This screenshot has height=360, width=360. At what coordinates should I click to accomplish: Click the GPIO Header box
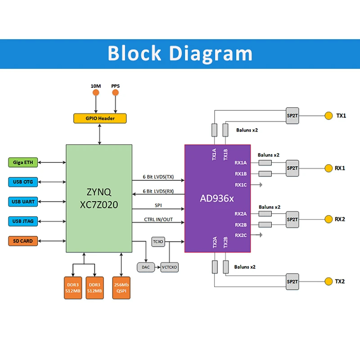click(x=100, y=118)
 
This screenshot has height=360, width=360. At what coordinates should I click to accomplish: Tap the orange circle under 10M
click(x=96, y=93)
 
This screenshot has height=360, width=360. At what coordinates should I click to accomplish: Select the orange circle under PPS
click(x=115, y=93)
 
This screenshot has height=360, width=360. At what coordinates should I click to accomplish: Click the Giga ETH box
click(x=23, y=162)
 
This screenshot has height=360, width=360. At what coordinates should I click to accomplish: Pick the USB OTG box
click(x=23, y=182)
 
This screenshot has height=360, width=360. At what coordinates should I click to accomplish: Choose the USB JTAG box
click(x=23, y=221)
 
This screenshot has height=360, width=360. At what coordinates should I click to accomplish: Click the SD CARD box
click(x=23, y=241)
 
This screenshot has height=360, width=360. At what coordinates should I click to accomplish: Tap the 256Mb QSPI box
click(x=121, y=288)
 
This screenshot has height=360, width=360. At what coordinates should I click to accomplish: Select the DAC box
click(x=146, y=267)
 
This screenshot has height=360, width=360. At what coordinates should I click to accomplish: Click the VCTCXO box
click(x=170, y=267)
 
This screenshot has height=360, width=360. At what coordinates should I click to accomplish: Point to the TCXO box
click(x=158, y=242)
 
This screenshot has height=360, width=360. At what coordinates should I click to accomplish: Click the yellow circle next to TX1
click(x=328, y=116)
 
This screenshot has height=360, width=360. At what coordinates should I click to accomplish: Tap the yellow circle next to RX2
click(x=328, y=219)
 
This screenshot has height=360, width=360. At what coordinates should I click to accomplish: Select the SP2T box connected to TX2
click(x=292, y=282)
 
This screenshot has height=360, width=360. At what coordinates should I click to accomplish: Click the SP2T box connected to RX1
click(x=292, y=168)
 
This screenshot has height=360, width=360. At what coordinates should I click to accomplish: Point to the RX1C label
click(x=241, y=185)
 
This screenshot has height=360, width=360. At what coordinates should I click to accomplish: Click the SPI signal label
click(x=158, y=205)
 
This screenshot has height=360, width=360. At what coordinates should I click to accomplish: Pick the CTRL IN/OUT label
click(x=158, y=220)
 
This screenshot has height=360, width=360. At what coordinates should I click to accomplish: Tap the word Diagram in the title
click(x=211, y=54)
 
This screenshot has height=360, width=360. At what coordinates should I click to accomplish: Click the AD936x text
click(x=217, y=198)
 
